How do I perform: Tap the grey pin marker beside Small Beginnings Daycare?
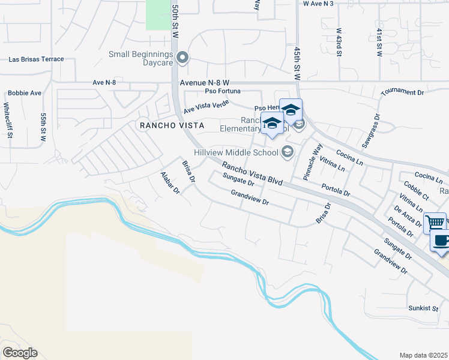coord(184,58)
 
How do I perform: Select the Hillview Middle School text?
coord(236,152)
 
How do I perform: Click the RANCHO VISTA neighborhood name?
coord(172,125)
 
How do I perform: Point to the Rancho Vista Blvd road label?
coord(252,173)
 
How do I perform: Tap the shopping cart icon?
coord(435,223)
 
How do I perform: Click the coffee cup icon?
coord(441,242)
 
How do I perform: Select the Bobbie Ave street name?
coord(25,94)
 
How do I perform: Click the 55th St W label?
coord(43,127)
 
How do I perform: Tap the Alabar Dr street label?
coord(170,182)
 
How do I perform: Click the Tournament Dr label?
coord(402,92)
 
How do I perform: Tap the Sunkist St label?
coord(423,308)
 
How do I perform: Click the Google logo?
coord(20,353)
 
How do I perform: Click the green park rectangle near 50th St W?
coord(158,14)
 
